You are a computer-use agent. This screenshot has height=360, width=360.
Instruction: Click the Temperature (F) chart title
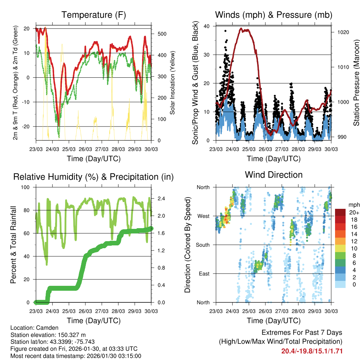(x=94, y=15)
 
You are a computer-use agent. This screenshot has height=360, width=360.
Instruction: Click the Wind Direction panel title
(x=274, y=175)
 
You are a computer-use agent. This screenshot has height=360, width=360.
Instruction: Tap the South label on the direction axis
(x=202, y=245)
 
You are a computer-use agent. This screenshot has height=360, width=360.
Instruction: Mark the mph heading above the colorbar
(x=354, y=204)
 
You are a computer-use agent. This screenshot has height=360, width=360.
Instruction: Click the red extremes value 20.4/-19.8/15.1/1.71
(x=312, y=351)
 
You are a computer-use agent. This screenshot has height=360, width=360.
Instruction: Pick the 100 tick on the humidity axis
(x=26, y=187)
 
